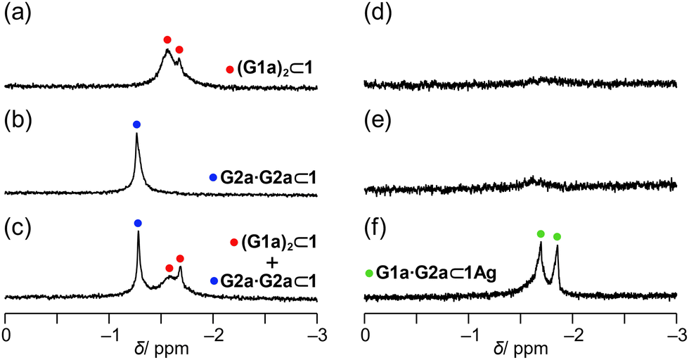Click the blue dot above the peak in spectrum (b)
[136, 124]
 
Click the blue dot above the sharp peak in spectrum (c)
[138, 223]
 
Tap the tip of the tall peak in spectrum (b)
[136, 134]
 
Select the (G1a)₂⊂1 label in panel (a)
[274, 69]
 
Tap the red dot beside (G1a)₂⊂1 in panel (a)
[229, 69]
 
